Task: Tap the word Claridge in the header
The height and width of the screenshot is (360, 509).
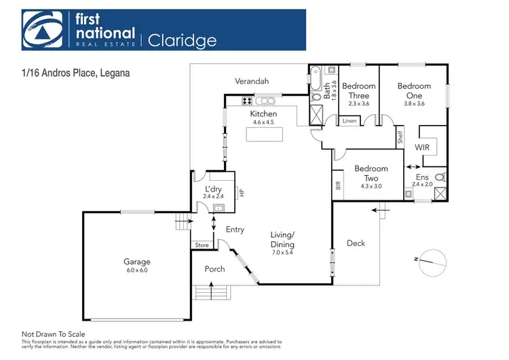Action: (183, 40)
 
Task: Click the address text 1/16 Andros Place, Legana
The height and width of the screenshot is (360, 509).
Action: (75, 70)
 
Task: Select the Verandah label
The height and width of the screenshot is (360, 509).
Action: (252, 82)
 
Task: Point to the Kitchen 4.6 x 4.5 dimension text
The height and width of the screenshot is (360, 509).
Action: (263, 122)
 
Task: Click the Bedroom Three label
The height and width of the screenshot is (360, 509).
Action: (358, 91)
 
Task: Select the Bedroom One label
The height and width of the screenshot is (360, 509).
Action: (414, 91)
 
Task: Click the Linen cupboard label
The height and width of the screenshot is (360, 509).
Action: (350, 121)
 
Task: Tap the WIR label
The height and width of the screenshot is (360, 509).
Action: (422, 146)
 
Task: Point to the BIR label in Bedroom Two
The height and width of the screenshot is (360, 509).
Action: (338, 184)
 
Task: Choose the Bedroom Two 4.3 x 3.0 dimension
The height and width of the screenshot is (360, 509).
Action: (371, 185)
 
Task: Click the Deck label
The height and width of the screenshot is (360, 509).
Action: (356, 242)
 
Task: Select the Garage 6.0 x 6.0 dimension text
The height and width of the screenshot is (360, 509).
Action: (136, 270)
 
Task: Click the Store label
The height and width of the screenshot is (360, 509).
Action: (202, 245)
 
